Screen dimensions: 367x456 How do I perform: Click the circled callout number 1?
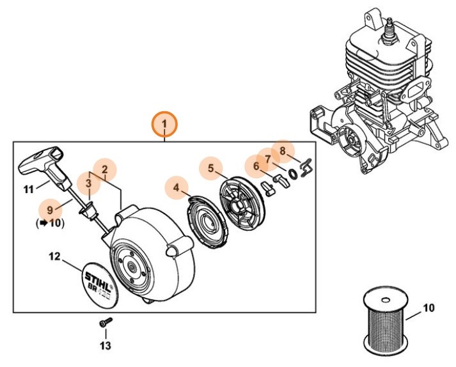(x=164, y=123)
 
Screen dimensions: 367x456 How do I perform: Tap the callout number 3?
(x=90, y=183)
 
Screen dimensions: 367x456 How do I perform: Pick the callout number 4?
(x=177, y=188)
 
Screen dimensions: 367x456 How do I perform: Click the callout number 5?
(x=210, y=169)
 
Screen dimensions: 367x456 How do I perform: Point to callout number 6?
(x=256, y=166)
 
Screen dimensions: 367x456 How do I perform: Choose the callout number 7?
(x=268, y=157)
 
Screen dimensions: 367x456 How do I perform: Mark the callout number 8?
(x=282, y=151)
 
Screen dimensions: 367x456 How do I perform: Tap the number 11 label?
(x=28, y=189)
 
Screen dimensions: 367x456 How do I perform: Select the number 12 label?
(x=54, y=257)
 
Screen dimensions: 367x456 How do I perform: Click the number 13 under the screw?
(x=105, y=346)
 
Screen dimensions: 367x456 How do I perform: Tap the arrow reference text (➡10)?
(x=50, y=223)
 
